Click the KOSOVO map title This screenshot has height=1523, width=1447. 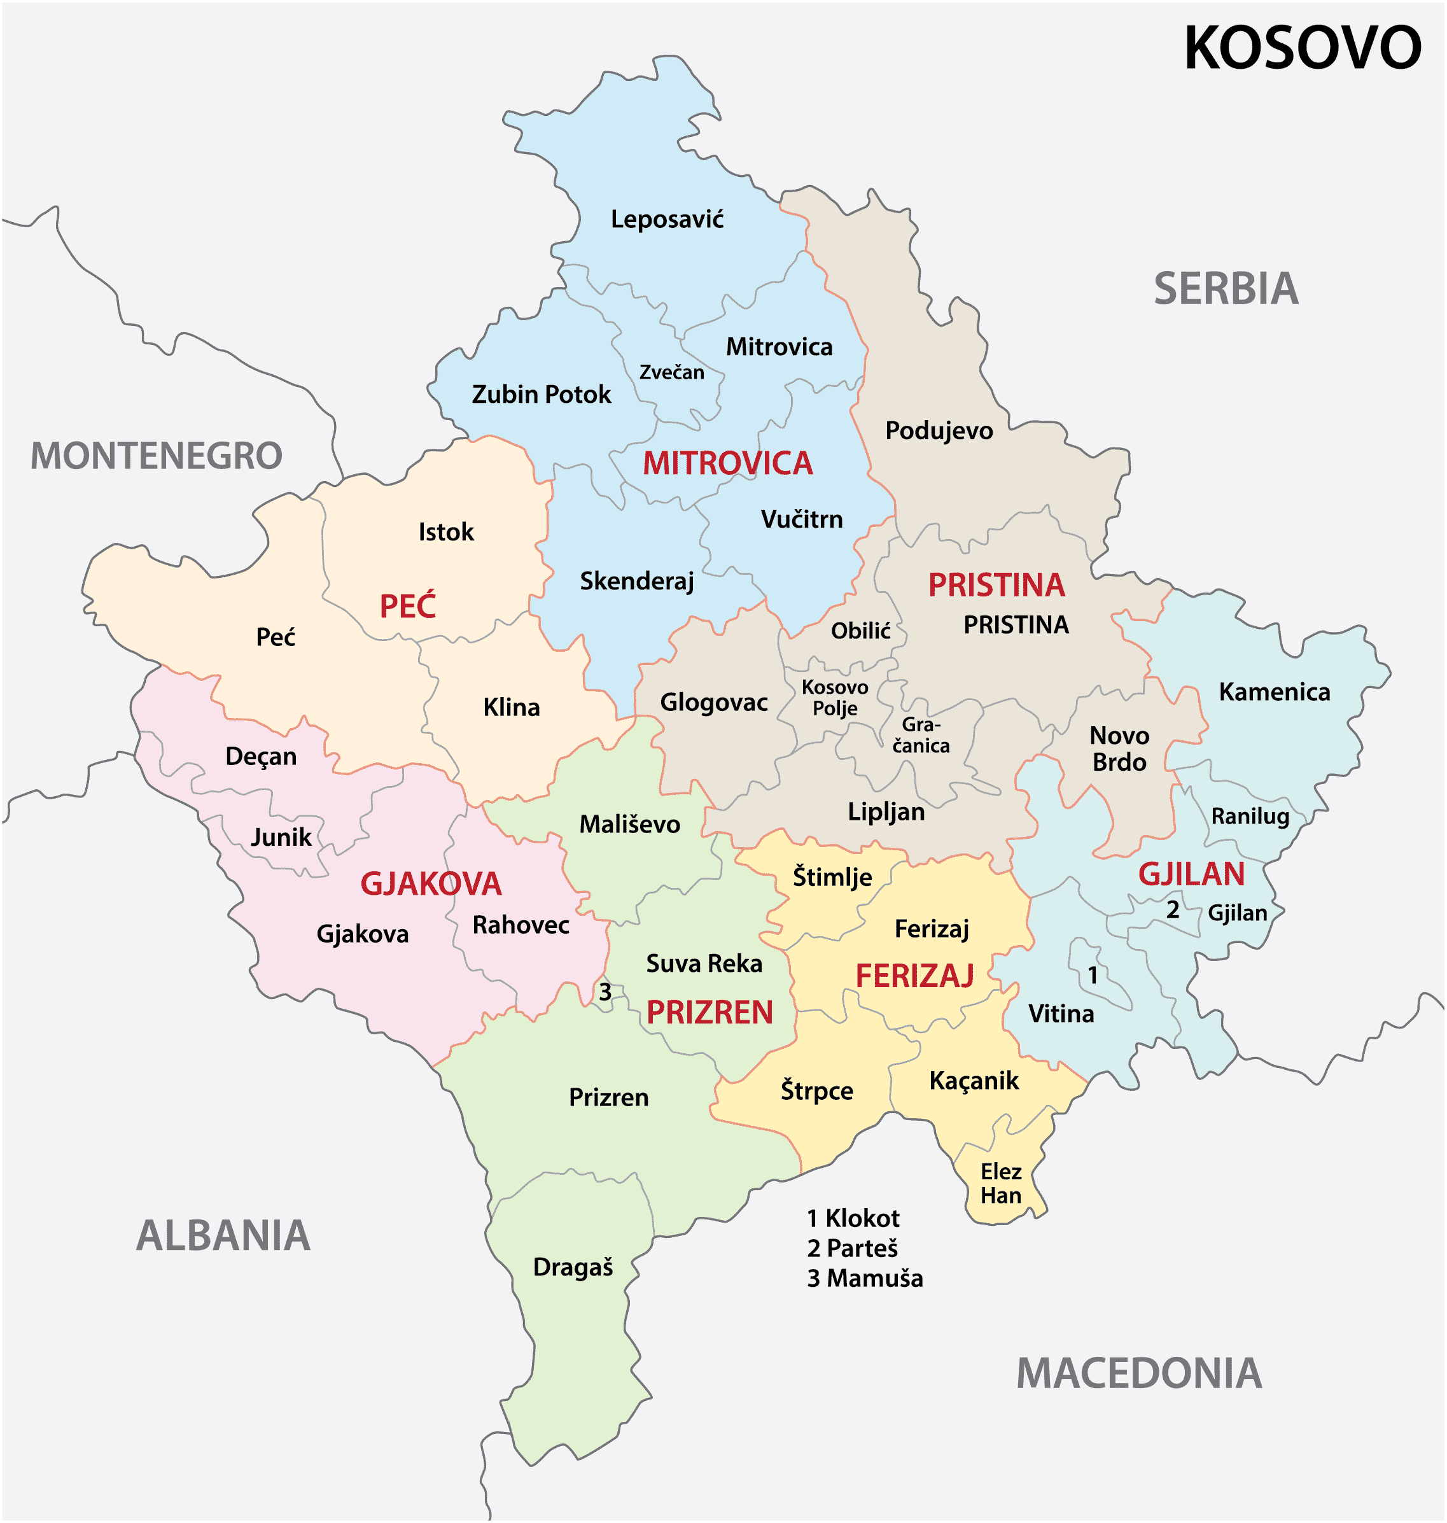(1302, 48)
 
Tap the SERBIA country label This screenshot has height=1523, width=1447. (1226, 288)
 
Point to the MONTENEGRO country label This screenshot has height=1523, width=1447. (157, 456)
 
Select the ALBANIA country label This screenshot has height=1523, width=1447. (223, 1235)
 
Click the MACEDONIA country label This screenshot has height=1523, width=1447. (1138, 1374)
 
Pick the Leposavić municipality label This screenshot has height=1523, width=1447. (668, 220)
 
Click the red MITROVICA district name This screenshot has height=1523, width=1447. (727, 463)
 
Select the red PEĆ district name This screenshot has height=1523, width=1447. (407, 606)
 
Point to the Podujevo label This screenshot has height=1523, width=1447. (939, 430)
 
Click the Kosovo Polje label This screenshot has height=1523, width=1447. (835, 698)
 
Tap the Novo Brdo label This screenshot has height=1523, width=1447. (1119, 748)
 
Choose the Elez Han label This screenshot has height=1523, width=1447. (1000, 1184)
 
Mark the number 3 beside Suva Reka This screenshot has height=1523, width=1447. (606, 992)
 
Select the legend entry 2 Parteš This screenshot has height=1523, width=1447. (852, 1248)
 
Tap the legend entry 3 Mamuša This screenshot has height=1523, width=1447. (865, 1279)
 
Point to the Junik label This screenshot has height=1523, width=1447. (281, 837)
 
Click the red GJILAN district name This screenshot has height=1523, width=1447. (1192, 874)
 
